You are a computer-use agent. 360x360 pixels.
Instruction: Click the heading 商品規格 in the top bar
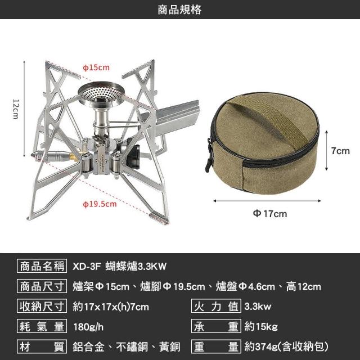179,10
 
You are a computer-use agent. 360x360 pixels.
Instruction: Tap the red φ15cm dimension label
96,67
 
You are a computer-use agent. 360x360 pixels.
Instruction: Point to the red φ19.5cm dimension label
100,204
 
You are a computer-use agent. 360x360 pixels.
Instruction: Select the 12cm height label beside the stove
16,109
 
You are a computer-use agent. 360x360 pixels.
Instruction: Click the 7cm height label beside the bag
340,151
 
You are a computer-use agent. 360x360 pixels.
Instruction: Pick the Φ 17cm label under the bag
270,214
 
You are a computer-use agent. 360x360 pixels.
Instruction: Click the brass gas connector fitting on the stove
73,157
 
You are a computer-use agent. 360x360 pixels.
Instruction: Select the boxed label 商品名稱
42,266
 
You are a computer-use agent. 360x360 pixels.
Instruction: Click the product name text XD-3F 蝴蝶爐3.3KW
119,266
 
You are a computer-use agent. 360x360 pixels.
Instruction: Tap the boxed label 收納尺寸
42,306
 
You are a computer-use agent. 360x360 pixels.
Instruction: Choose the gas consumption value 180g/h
88,326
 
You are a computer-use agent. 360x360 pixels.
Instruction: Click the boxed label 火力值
216,306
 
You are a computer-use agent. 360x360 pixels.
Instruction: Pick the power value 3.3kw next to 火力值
258,306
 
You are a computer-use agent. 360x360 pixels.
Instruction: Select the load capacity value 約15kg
261,326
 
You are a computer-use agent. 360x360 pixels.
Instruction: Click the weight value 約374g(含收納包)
286,346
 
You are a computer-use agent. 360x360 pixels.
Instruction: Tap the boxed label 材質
42,346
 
